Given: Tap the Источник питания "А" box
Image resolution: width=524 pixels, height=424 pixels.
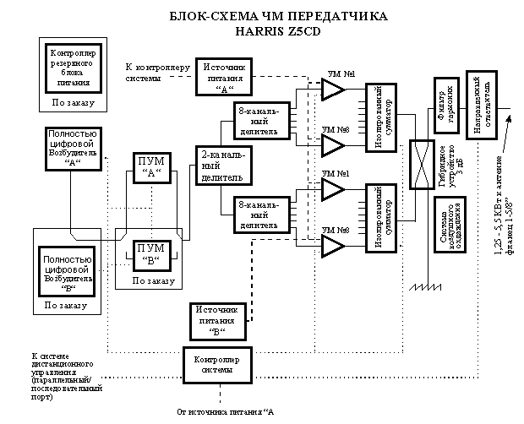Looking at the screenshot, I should coord(223,77).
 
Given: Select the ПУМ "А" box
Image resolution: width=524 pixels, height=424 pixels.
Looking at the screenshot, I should coord(153,170).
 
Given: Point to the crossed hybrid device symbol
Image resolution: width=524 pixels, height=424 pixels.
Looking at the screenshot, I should coord(418,165).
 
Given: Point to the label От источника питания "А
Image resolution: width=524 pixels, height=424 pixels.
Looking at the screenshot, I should coord(225,412).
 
